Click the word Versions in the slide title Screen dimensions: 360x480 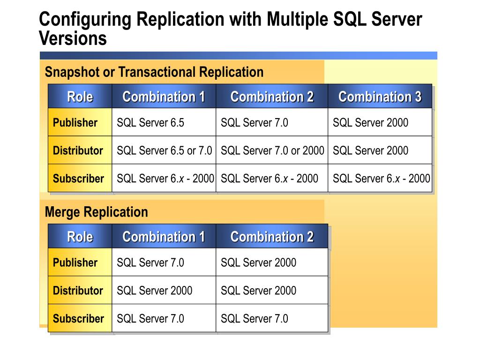(x=73, y=38)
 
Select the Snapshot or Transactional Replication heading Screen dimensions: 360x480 (x=154, y=72)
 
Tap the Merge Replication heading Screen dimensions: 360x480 (x=96, y=212)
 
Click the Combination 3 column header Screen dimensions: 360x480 (x=380, y=97)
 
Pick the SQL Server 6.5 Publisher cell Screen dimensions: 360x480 (x=150, y=123)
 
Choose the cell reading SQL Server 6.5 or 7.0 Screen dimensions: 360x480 (x=164, y=150)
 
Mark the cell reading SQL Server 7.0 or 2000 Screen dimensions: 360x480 (x=272, y=150)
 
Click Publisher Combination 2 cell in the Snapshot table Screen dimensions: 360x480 (x=255, y=123)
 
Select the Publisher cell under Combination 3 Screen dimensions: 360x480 (x=370, y=123)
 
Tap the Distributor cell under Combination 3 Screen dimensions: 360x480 (x=370, y=150)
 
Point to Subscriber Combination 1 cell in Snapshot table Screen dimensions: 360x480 (x=165, y=179)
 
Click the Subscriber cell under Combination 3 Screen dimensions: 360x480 (x=381, y=179)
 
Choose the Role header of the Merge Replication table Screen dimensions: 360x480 (x=80, y=237)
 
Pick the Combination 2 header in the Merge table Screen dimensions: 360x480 (x=272, y=237)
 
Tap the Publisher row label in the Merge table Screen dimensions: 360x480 (x=75, y=262)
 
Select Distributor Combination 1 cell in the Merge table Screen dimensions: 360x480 (x=155, y=291)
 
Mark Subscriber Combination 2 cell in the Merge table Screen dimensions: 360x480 (x=255, y=319)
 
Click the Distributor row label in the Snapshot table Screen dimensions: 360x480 (x=78, y=150)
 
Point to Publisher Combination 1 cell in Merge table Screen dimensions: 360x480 (x=150, y=262)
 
